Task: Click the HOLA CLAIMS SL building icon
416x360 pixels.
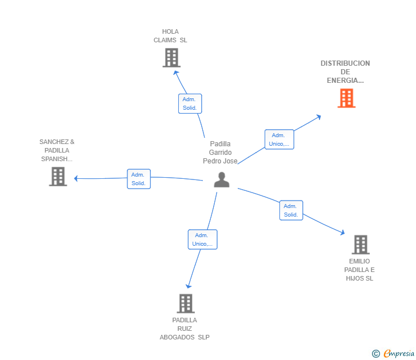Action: [171, 58]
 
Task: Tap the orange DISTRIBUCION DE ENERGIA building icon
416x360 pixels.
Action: [346, 98]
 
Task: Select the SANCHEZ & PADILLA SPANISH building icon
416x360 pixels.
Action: [58, 177]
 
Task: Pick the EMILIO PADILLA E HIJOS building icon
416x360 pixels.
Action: [360, 245]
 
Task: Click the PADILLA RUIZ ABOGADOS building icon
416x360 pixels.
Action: [185, 303]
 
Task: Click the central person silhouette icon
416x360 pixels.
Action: [221, 179]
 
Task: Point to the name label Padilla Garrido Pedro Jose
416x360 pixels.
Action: [220, 153]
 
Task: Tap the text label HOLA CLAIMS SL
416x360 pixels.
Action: [170, 36]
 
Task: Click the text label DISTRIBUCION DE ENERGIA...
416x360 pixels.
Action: [345, 72]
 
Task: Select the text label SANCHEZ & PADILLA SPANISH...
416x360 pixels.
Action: [57, 150]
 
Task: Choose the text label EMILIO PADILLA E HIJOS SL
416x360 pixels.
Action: [359, 270]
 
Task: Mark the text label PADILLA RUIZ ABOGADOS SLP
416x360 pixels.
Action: [185, 329]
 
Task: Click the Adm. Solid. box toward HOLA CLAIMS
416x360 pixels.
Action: [190, 103]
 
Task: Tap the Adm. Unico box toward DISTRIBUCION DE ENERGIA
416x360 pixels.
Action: [279, 139]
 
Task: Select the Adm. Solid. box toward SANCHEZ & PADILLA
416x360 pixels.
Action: [138, 179]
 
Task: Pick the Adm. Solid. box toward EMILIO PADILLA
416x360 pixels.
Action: [291, 210]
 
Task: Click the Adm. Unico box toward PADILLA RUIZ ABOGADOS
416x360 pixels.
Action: [202, 239]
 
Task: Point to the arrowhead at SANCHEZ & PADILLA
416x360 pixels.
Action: [76, 178]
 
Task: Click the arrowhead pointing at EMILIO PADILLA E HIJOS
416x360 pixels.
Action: [342, 233]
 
